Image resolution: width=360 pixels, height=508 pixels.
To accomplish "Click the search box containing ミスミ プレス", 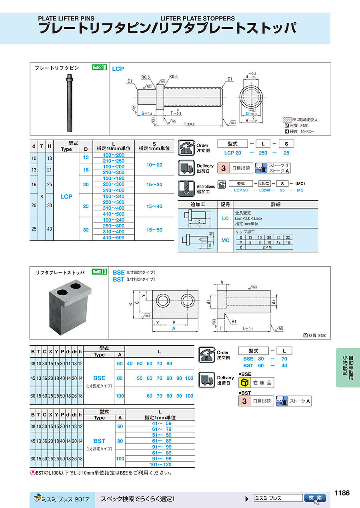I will (278, 498).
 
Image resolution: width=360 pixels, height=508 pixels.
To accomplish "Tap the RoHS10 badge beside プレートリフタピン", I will (100, 68).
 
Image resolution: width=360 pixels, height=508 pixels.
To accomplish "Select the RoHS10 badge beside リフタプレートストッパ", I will (100, 272).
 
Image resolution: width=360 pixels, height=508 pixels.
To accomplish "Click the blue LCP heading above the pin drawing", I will (118, 69).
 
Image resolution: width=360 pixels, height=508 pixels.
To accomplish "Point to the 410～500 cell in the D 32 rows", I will (114, 238).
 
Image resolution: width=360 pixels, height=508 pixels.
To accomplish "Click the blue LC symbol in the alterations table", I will (225, 218).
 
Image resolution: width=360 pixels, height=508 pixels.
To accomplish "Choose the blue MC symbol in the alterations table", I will (225, 240).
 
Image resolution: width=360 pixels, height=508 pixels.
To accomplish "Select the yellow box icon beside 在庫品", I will (244, 383).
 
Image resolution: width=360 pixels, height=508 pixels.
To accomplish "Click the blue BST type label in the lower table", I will (99, 441).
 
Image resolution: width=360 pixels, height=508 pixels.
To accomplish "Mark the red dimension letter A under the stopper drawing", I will (174, 328).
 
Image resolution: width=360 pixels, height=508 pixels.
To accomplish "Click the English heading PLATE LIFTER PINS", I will (66, 18).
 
